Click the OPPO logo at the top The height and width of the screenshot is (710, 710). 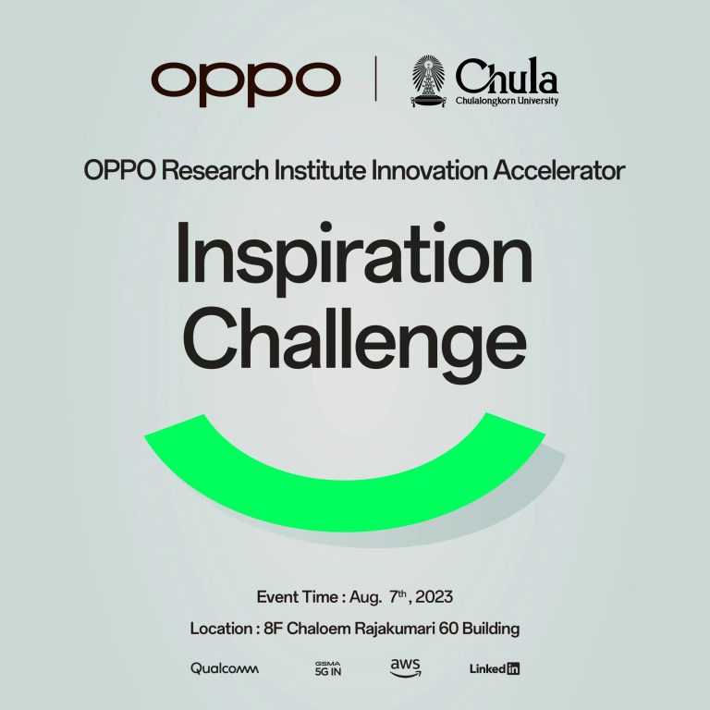[246, 83]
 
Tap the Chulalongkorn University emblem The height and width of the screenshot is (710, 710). [428, 81]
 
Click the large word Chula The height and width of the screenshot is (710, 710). [507, 76]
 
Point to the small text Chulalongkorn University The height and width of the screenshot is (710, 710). [507, 101]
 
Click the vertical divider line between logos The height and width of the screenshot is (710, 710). [375, 79]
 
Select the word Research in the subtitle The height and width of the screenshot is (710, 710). [215, 171]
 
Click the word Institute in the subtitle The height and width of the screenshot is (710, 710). [320, 171]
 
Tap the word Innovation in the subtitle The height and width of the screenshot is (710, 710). [429, 171]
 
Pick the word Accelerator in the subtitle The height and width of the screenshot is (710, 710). [559, 171]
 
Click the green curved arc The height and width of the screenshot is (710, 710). [345, 505]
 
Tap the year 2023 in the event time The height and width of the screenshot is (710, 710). [434, 597]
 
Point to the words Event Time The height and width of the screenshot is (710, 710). [298, 597]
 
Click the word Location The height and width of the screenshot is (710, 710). [222, 629]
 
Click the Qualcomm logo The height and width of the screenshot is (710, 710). [225, 668]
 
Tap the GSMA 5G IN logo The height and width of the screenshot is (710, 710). [328, 668]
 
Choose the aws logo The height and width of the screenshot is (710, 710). [405, 667]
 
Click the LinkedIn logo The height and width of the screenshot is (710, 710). [495, 668]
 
